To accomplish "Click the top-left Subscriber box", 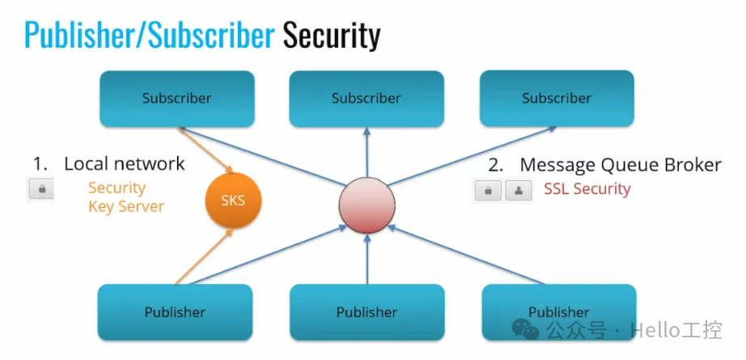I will tap(176, 99).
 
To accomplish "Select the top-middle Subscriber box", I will tap(366, 99).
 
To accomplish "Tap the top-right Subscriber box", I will tap(556, 99).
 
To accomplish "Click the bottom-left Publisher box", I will tap(175, 312).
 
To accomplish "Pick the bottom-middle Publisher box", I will tap(367, 312).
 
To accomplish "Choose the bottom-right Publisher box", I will tap(558, 311).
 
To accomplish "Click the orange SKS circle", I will tap(233, 200).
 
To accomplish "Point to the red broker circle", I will tap(367, 205).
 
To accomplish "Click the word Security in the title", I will tap(331, 36).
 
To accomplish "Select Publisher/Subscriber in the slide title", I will tap(150, 36).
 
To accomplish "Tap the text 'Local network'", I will tap(125, 164).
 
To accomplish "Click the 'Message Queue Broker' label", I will tap(620, 165).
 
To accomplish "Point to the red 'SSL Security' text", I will tap(587, 189).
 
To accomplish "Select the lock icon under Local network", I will tap(41, 189).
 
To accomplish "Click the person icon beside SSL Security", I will tap(517, 190).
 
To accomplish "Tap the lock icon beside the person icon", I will tap(488, 190).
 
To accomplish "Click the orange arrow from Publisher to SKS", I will tap(204, 257).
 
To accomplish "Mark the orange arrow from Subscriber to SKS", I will tap(206, 149).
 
